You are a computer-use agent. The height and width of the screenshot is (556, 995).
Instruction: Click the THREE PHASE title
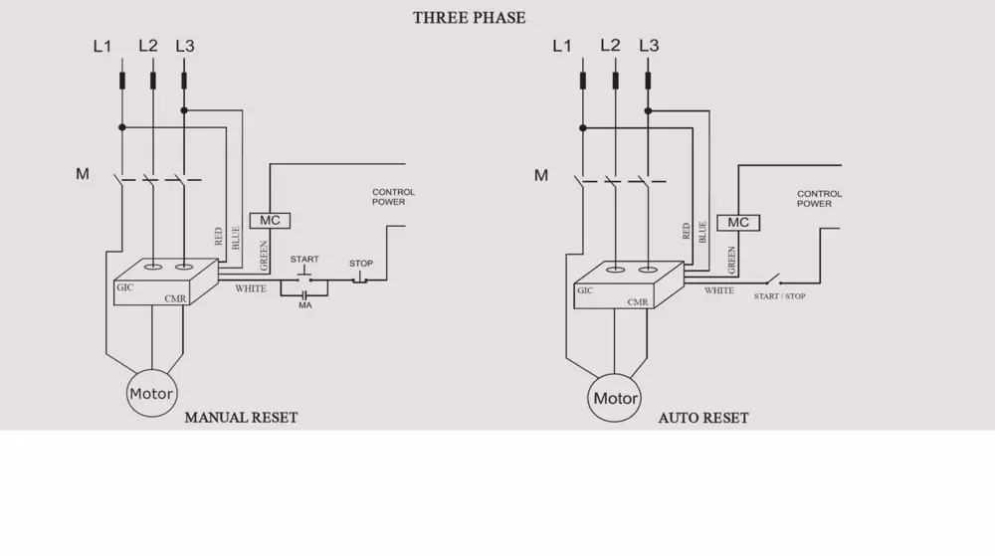click(470, 18)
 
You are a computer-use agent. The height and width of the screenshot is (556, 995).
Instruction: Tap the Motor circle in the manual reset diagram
click(151, 394)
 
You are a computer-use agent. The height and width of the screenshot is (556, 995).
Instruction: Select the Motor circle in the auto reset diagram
click(615, 399)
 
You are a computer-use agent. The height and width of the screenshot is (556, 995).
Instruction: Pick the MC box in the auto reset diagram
click(738, 223)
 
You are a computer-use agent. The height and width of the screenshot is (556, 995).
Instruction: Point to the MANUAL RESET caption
click(241, 418)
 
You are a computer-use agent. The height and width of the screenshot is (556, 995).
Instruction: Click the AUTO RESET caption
click(703, 419)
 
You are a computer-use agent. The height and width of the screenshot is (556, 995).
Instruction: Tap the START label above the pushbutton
click(304, 260)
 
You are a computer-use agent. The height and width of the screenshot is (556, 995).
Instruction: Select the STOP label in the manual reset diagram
click(361, 264)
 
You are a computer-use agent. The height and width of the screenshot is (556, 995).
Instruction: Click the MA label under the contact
click(305, 305)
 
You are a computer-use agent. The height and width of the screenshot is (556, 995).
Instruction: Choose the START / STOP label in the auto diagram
click(780, 296)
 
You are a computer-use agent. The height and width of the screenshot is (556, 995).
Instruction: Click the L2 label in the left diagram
click(148, 46)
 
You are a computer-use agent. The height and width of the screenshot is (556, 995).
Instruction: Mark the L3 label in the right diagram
click(649, 46)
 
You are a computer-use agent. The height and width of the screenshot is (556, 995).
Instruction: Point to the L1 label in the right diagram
click(562, 46)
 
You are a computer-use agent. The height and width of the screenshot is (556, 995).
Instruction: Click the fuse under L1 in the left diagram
click(122, 80)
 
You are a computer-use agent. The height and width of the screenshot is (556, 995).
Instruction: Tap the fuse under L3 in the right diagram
click(648, 81)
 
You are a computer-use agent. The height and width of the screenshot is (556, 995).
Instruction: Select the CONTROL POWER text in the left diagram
click(394, 197)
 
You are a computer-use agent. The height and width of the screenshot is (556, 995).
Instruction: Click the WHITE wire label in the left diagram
click(251, 288)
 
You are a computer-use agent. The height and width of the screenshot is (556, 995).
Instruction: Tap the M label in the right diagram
click(541, 175)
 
